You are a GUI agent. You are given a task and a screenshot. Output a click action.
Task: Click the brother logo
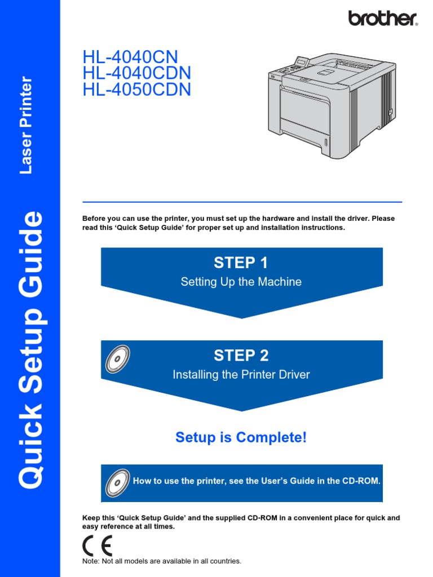[383, 18]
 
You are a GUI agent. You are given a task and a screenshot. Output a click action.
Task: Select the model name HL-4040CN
[130, 57]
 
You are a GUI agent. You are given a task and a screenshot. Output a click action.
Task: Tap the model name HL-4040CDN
[137, 73]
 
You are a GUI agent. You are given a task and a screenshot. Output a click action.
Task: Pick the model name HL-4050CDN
[137, 90]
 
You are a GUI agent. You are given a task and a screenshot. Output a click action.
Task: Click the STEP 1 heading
[241, 263]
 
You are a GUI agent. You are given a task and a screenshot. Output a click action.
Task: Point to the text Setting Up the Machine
[241, 282]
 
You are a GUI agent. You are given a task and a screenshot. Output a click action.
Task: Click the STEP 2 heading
[241, 356]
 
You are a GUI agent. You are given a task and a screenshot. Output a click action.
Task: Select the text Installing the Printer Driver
[241, 374]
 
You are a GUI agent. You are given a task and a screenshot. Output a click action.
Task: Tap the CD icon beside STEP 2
[117, 359]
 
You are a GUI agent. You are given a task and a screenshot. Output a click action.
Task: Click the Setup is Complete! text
[241, 437]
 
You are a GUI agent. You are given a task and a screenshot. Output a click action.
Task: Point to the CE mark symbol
[97, 545]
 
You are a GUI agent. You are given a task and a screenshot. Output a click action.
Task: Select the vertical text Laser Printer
[26, 125]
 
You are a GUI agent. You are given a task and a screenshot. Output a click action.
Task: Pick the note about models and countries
[162, 561]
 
